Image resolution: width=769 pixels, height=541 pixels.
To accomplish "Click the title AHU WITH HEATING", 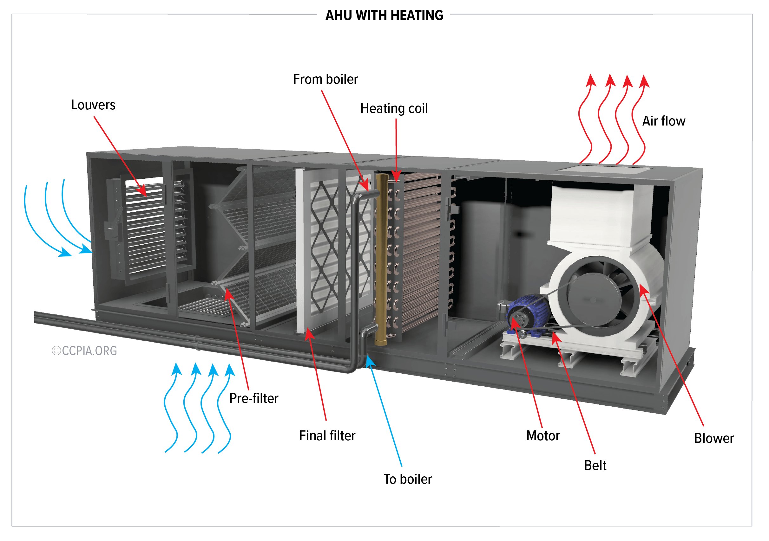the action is [x=384, y=16].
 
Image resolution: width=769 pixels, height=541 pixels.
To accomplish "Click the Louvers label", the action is [x=93, y=105].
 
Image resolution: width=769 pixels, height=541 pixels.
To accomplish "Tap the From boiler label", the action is [x=325, y=79].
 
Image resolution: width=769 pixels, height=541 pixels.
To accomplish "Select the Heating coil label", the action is [x=394, y=109].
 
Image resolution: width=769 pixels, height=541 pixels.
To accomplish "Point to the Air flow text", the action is [x=663, y=121].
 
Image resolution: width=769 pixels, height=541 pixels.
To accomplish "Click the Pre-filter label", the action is [x=253, y=398].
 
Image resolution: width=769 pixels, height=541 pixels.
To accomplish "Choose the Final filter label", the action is [x=327, y=435].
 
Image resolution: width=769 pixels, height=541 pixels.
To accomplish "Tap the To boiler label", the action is [x=407, y=479].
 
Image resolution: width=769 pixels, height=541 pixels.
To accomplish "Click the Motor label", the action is [x=542, y=435].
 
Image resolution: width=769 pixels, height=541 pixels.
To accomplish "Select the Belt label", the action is [x=595, y=465].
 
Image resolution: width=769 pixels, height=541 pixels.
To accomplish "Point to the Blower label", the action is [x=713, y=438].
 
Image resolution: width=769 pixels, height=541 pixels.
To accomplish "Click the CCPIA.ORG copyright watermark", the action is [x=84, y=351].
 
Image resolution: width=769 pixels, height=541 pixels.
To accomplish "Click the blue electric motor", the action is [x=528, y=314].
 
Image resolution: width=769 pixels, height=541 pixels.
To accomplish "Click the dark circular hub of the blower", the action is [x=595, y=299].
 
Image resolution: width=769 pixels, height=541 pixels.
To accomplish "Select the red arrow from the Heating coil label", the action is [x=396, y=150].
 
